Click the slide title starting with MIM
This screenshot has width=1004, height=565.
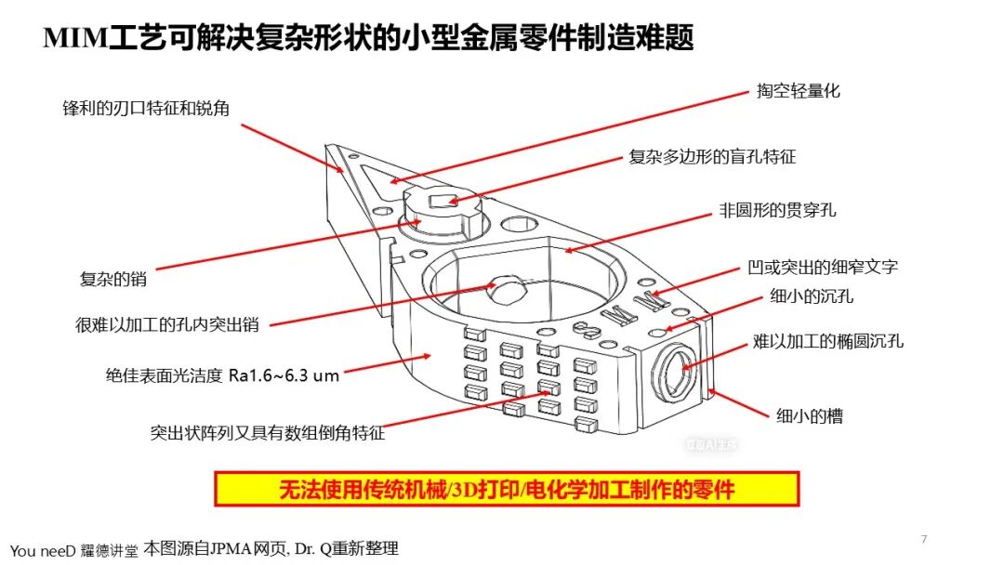click(x=368, y=37)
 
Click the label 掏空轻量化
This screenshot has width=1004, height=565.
click(x=798, y=91)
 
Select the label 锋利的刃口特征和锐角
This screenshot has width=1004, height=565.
click(x=146, y=108)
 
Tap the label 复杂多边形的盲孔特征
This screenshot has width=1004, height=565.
click(x=712, y=157)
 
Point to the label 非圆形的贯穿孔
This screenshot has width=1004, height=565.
click(x=777, y=211)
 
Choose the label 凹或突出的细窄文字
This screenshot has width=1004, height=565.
click(x=823, y=267)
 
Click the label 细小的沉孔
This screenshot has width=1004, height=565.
click(x=812, y=296)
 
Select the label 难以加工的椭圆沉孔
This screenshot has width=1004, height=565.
click(x=828, y=341)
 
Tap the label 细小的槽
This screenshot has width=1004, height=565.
click(x=810, y=416)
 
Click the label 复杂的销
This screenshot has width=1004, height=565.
click(x=113, y=279)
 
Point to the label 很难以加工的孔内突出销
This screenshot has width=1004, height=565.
click(x=167, y=325)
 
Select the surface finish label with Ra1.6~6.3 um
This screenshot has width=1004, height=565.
click(x=222, y=375)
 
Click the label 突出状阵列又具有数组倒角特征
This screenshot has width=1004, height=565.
click(x=268, y=433)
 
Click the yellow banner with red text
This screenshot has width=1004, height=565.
click(x=507, y=490)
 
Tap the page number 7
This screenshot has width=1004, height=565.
click(x=923, y=539)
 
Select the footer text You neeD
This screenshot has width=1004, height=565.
click(x=43, y=551)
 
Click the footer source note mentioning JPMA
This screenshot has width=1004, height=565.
click(x=271, y=548)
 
